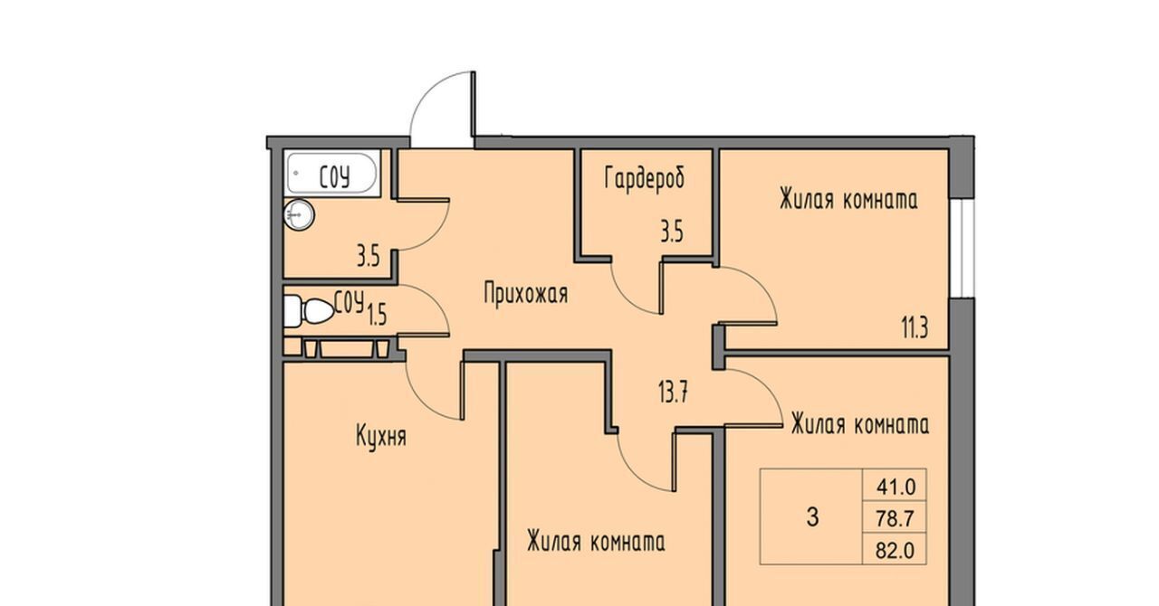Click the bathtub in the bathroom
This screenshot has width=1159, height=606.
[x=331, y=174]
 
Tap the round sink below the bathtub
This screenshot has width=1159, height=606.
[x=299, y=214]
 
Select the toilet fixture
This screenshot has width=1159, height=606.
[x=309, y=311]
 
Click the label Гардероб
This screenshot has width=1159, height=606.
[x=644, y=179]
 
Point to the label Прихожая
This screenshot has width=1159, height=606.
[x=526, y=294]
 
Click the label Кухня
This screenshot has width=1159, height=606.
[x=381, y=436]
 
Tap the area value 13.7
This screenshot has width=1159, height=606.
[x=673, y=392]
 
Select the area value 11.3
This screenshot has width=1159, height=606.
[x=915, y=327]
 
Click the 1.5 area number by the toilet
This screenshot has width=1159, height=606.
[x=378, y=314]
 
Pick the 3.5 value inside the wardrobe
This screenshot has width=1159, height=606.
[x=672, y=232]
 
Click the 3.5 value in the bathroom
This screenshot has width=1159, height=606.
[x=369, y=257]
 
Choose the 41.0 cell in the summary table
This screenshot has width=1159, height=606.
[x=896, y=486]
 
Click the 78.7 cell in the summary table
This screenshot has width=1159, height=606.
[x=896, y=518]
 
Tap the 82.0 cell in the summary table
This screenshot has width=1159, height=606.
[x=896, y=550]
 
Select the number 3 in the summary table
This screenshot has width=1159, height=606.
[x=812, y=516]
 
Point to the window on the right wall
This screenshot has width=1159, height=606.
[x=963, y=249]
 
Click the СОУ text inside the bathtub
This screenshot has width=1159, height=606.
[x=334, y=177]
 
